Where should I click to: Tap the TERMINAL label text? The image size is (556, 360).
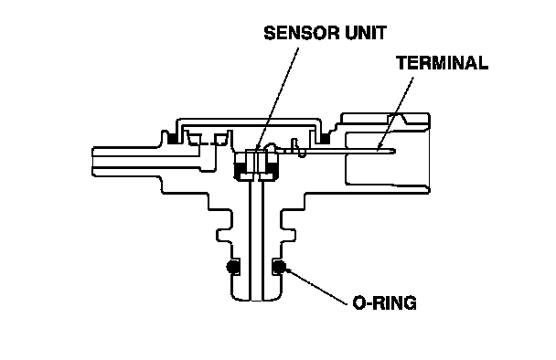tap(443, 63)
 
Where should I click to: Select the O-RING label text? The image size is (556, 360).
tap(384, 303)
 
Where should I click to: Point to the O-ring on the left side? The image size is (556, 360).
tap(232, 267)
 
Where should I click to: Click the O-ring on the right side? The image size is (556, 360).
tap(279, 267)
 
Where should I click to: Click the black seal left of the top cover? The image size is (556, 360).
tap(173, 139)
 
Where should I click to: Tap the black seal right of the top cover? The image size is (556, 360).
tap(325, 139)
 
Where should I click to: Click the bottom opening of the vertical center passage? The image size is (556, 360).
tap(256, 300)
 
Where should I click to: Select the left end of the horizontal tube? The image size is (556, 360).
tap(93, 162)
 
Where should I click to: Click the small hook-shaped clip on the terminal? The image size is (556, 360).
tap(298, 148)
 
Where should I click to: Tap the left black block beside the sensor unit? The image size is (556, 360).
tap(241, 169)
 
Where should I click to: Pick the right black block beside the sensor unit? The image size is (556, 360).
tap(272, 169)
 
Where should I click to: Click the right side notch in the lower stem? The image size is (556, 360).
tap(288, 235)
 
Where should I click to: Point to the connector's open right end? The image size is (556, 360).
tap(430, 154)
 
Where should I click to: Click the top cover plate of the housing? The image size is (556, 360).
tap(249, 122)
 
